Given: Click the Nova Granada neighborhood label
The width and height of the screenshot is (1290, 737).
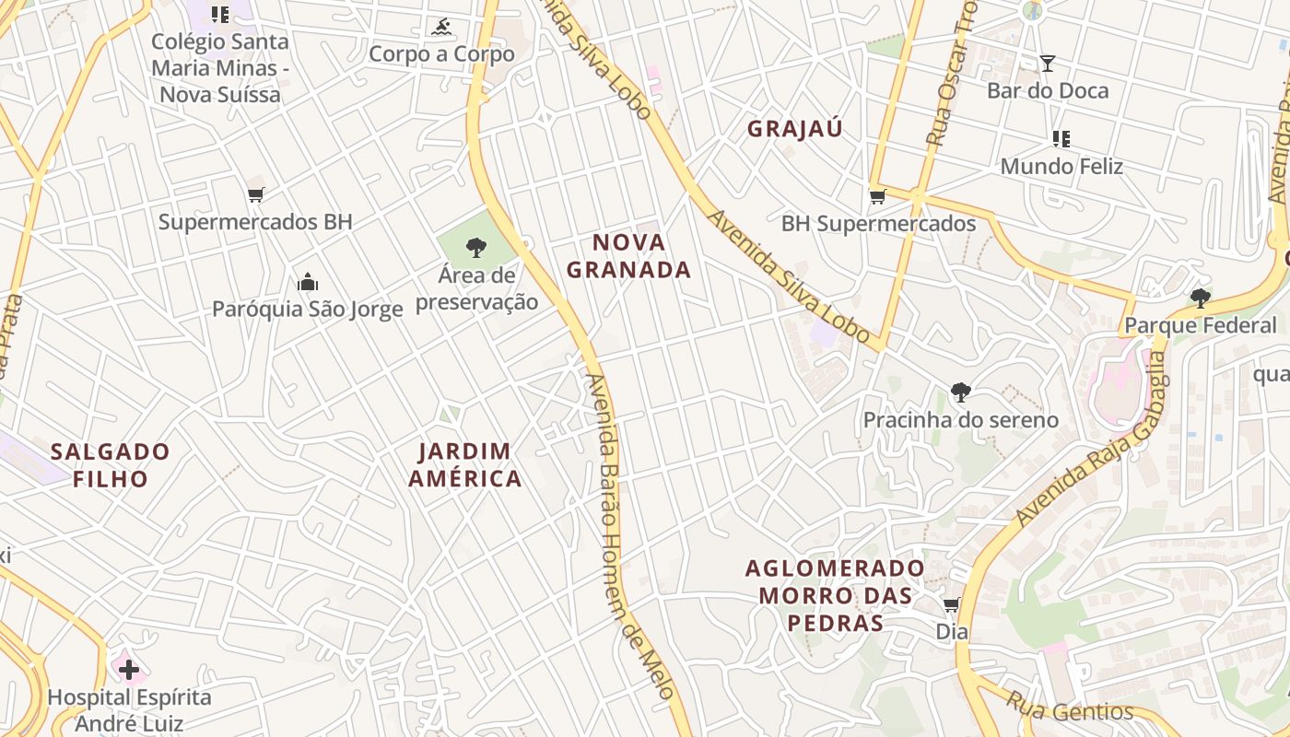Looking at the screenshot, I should [628, 256].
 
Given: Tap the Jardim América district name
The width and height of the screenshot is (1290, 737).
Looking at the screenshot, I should [465, 465].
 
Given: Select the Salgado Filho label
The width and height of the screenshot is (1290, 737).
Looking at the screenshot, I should [111, 465].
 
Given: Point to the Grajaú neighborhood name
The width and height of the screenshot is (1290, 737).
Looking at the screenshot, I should [795, 129].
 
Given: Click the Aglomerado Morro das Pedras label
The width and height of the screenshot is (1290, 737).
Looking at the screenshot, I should [835, 595].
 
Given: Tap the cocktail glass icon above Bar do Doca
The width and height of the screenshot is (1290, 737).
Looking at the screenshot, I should [1048, 64].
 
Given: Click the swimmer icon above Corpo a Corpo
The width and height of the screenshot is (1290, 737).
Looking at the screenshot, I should [441, 27].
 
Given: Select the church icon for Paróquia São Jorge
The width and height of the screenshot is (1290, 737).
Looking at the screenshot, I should [308, 281].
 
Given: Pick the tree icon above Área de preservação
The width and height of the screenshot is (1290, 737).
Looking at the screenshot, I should [476, 247].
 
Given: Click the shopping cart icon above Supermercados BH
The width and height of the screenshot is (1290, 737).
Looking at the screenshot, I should [255, 194].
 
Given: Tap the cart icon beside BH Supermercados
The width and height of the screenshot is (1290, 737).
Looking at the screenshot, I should [877, 196].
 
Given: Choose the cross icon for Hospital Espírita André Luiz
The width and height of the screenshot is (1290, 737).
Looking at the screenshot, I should [129, 669].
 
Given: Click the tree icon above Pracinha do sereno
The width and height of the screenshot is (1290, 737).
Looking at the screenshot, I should [961, 392].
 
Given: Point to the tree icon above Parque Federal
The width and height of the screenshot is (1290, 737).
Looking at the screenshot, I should [1200, 298].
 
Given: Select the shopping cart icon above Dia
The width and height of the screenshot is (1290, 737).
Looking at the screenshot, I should [951, 605].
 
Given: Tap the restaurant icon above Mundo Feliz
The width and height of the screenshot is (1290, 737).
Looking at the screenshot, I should [1061, 139].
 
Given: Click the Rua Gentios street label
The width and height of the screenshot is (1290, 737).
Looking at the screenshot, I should [1070, 708].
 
